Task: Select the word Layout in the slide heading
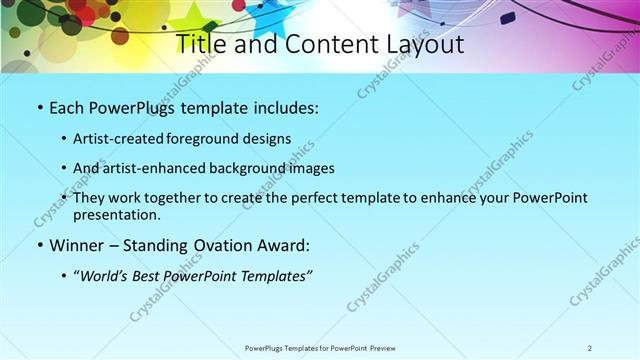pos(422,45)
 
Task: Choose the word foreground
pos(207,139)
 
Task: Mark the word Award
pos(287,245)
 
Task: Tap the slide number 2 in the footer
pos(590,347)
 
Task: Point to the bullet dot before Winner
pos(39,246)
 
